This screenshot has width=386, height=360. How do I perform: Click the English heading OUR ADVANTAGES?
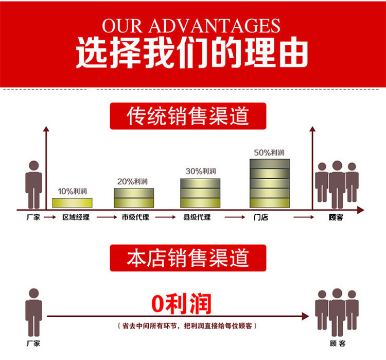pyautogui.click(x=191, y=26)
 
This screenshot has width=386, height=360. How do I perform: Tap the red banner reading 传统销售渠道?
pyautogui.click(x=188, y=116)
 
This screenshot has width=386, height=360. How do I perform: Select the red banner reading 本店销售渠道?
pyautogui.click(x=188, y=258)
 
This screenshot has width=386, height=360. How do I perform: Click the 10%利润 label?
pyautogui.click(x=73, y=191)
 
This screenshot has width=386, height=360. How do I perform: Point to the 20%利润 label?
pyautogui.click(x=132, y=182)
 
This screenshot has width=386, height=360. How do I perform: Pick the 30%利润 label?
pyautogui.click(x=201, y=172)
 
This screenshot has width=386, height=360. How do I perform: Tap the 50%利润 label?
pyautogui.click(x=269, y=152)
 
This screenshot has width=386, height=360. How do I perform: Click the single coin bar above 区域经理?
pyautogui.click(x=73, y=203)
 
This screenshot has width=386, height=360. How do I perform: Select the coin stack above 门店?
pyautogui.click(x=270, y=183)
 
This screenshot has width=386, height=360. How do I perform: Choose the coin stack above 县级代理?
pyautogui.click(x=200, y=193)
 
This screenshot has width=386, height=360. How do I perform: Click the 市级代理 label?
pyautogui.click(x=135, y=217)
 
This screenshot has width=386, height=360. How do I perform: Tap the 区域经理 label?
pyautogui.click(x=76, y=217)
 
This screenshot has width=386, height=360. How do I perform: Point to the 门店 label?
pyautogui.click(x=261, y=217)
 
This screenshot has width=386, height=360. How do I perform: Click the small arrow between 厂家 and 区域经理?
pyautogui.click(x=50, y=217)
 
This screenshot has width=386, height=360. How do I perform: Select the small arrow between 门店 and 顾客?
pyautogui.click(x=304, y=217)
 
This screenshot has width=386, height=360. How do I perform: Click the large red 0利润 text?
pyautogui.click(x=182, y=303)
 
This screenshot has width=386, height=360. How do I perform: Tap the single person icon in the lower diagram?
pyautogui.click(x=33, y=312)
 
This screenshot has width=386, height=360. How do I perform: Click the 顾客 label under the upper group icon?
pyautogui.click(x=336, y=217)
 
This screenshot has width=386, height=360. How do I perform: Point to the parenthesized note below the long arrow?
pyautogui.click(x=187, y=326)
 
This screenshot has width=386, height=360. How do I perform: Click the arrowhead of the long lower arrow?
pyautogui.click(x=306, y=316)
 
